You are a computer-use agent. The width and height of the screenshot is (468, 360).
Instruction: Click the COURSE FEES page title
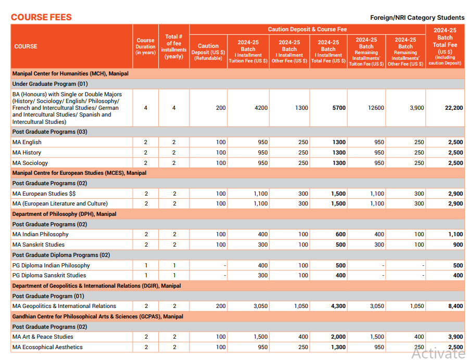[41, 17]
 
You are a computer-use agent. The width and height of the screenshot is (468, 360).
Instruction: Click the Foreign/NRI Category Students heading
[417, 18]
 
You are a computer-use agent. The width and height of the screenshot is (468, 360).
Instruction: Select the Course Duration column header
[145, 46]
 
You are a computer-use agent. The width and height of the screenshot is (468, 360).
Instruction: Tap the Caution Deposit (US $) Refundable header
[208, 52]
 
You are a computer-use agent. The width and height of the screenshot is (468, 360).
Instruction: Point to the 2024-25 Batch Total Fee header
[445, 46]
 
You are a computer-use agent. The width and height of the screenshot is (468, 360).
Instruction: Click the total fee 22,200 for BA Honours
[454, 108]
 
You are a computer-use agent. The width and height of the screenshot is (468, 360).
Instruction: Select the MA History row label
[27, 152]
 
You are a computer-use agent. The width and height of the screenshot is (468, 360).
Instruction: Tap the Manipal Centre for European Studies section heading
[79, 173]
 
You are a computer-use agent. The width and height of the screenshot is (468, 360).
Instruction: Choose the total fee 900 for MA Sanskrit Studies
[458, 245]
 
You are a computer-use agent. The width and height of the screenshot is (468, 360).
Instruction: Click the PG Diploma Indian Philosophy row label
[51, 265]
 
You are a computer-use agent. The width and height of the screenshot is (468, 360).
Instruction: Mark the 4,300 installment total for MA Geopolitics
[338, 306]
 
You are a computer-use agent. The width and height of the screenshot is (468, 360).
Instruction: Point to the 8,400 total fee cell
[455, 306]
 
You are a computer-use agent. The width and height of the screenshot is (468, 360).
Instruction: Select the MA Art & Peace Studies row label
[43, 337]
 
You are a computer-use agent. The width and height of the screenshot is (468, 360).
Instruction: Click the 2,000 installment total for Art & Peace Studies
[338, 337]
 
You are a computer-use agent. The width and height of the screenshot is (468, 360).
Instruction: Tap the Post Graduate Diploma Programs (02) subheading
[61, 255]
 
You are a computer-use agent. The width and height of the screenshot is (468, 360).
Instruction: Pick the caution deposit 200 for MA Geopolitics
[221, 306]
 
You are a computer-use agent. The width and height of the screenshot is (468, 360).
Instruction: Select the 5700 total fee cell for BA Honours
[339, 108]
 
